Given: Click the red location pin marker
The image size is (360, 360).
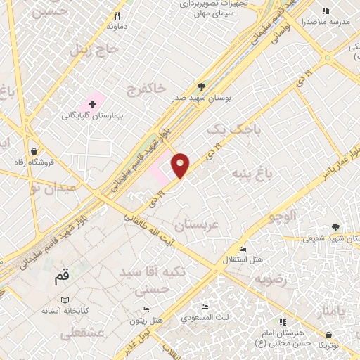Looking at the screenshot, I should click(x=181, y=165).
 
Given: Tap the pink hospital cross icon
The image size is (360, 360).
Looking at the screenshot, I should click(x=92, y=104).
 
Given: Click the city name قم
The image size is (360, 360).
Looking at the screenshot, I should click(x=63, y=278).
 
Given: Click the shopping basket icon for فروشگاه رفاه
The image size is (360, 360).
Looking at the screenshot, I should click(x=34, y=152).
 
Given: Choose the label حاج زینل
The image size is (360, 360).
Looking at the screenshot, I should click(x=88, y=50).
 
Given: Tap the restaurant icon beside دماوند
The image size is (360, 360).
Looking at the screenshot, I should click(x=118, y=15).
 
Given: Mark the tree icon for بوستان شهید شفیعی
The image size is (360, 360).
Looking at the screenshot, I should click(x=335, y=227).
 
